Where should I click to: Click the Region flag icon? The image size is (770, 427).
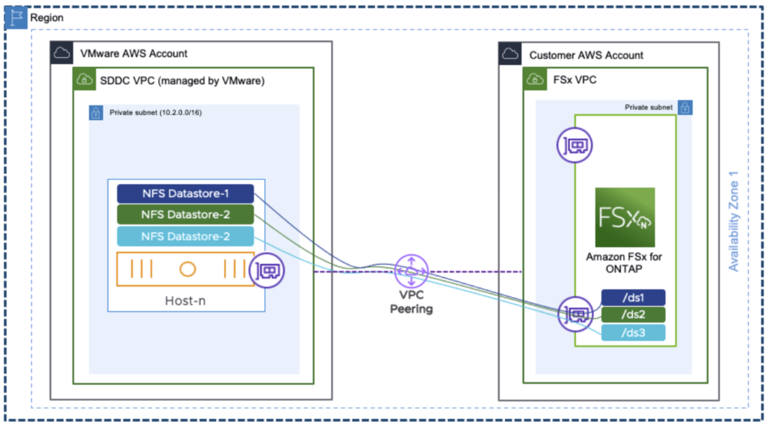pyautogui.click(x=16, y=17)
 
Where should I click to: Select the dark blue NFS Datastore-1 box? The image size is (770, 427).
pyautogui.click(x=185, y=194)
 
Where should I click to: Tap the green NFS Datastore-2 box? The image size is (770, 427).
pyautogui.click(x=185, y=215)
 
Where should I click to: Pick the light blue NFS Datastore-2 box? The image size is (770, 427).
pyautogui.click(x=185, y=236)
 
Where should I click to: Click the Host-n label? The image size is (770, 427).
pyautogui.click(x=185, y=301)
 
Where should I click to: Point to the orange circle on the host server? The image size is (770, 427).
pyautogui.click(x=187, y=269)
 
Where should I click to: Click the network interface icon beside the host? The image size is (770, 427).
pyautogui.click(x=267, y=270)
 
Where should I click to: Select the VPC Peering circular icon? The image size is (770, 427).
pyautogui.click(x=411, y=271)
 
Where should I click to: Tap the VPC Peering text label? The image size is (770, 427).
pyautogui.click(x=411, y=302)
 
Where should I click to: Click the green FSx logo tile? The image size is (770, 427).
pyautogui.click(x=624, y=217)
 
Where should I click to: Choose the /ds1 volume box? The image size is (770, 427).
pyautogui.click(x=633, y=298)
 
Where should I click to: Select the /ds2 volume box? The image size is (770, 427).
pyautogui.click(x=633, y=315)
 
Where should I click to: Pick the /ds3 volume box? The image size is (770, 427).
pyautogui.click(x=633, y=333)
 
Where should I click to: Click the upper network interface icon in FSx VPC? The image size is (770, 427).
pyautogui.click(x=574, y=145)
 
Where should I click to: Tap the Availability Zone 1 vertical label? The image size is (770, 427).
pyautogui.click(x=734, y=222)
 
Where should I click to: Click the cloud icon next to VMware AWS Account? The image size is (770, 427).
pyautogui.click(x=62, y=53)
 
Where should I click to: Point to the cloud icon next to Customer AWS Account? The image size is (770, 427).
pyautogui.click(x=510, y=54)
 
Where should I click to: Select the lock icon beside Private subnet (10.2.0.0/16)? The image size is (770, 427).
pyautogui.click(x=96, y=113)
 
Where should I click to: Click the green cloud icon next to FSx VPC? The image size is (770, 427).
pyautogui.click(x=535, y=79)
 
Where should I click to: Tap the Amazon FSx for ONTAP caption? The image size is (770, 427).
pyautogui.click(x=624, y=263)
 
